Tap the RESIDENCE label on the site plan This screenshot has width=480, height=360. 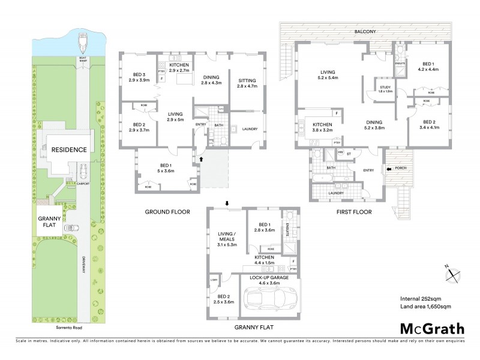(68, 149)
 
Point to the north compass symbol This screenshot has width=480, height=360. (452, 274)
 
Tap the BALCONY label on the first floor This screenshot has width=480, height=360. (365, 31)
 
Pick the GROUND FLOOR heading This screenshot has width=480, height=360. (167, 212)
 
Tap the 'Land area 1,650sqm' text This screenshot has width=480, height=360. (425, 307)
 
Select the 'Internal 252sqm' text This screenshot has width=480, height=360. (421, 298)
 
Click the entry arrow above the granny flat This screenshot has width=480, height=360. (227, 203)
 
